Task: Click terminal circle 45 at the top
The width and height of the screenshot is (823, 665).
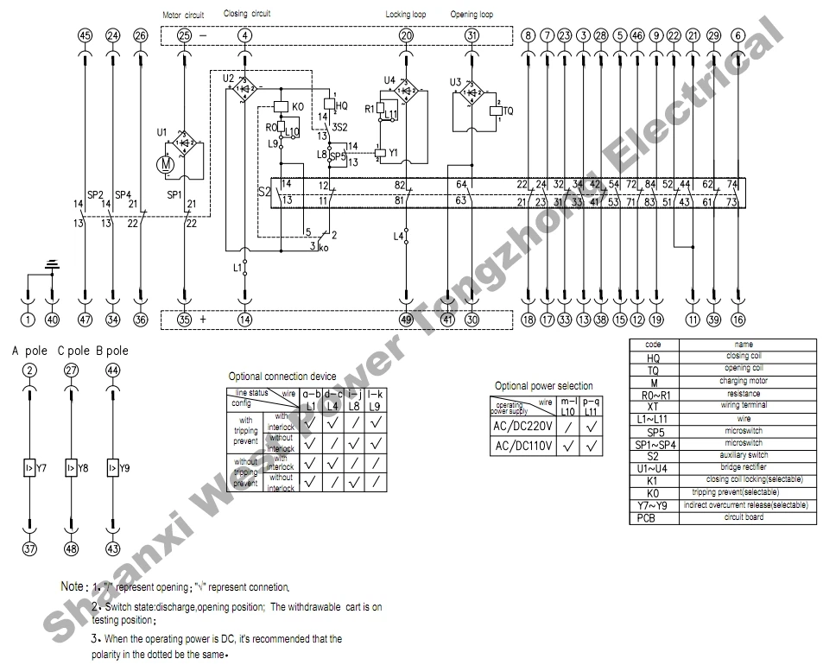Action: tap(84, 35)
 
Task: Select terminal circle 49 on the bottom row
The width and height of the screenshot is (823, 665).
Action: tap(406, 320)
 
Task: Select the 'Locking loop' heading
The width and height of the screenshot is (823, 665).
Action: tap(405, 15)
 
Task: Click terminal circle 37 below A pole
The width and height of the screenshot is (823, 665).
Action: tap(29, 549)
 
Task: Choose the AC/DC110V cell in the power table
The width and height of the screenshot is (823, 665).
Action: tap(522, 446)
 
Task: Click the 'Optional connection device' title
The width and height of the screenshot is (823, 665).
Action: tap(282, 377)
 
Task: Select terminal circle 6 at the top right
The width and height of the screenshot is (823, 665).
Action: tap(738, 35)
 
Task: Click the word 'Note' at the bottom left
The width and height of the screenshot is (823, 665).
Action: tap(73, 586)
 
